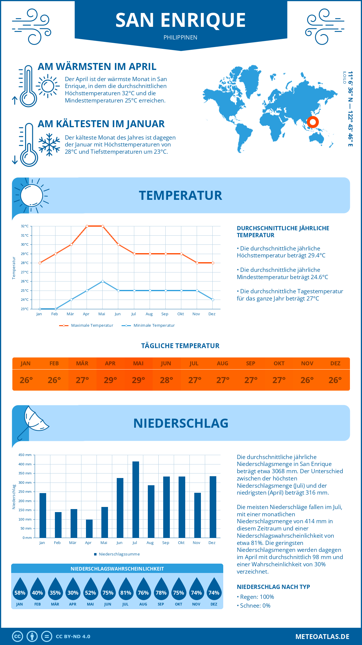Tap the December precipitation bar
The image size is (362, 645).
click(213, 507)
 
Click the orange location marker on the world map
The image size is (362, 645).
click(313, 122)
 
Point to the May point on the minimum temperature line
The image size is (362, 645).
click(103, 281)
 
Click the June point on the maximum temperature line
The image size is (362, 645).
click(119, 244)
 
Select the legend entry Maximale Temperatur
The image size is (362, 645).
click(86, 326)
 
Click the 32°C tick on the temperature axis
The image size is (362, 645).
click(25, 226)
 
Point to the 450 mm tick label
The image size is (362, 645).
click(25, 455)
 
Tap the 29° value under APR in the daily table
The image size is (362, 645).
click(110, 380)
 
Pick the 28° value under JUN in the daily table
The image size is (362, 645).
click(166, 380)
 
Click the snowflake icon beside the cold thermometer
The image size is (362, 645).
click(49, 145)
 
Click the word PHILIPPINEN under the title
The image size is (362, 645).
click(180, 37)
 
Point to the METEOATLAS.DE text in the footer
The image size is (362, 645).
click(322, 637)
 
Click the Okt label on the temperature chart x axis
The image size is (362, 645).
click(180, 314)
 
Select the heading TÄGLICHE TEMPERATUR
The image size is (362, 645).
click(180, 346)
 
